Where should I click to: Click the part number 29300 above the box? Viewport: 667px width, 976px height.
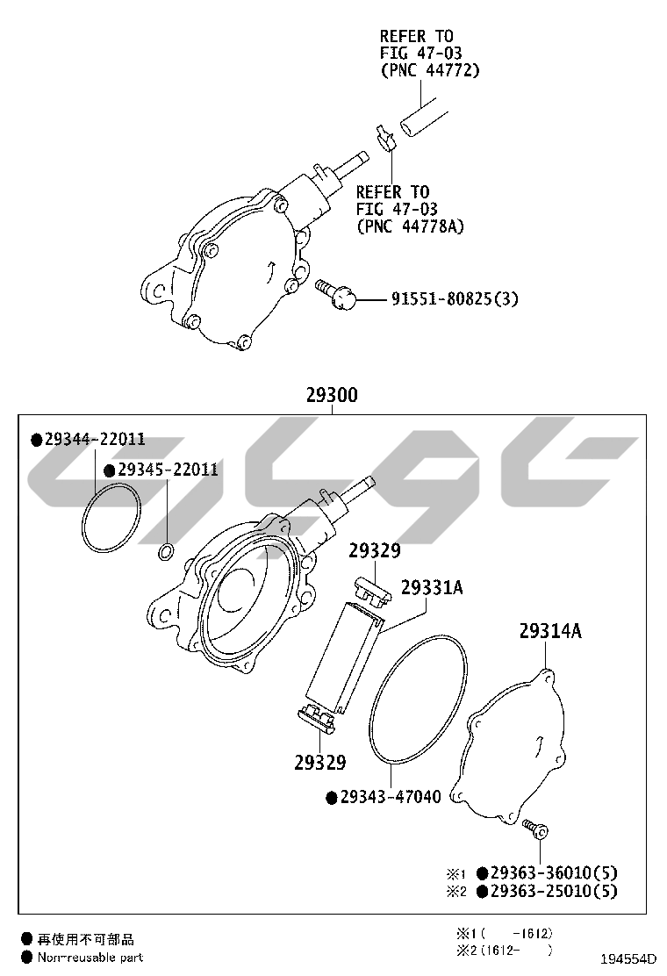(x=332, y=395)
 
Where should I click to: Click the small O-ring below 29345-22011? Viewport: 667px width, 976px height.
(x=166, y=551)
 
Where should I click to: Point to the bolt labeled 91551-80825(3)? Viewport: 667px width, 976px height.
(x=336, y=294)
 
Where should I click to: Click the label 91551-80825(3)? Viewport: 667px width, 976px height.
(x=455, y=298)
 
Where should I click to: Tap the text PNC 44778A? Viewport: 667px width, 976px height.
(x=411, y=226)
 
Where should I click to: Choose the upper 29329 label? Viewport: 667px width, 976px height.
(x=374, y=550)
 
